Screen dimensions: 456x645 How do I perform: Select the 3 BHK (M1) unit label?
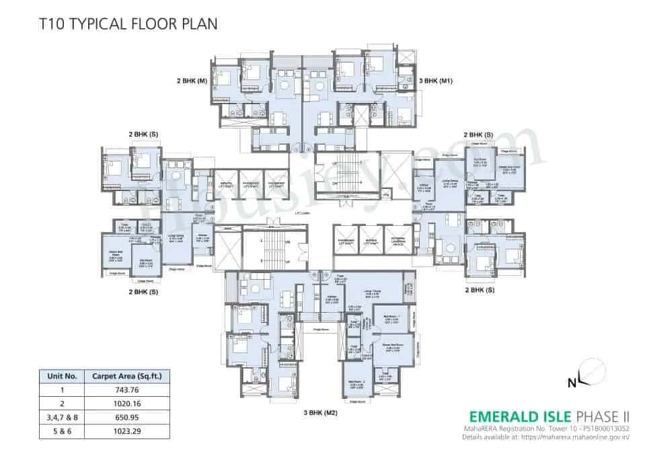click(x=437, y=81)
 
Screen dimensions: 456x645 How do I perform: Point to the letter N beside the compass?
click(x=572, y=384)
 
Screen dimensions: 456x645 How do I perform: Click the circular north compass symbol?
click(x=591, y=373)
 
